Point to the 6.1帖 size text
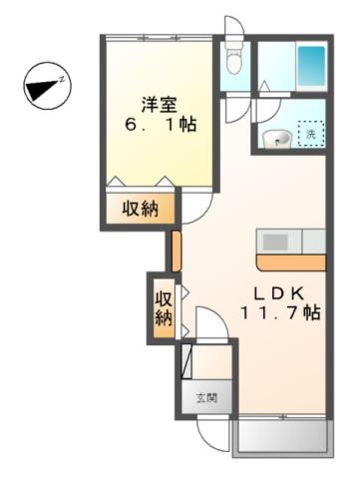(158, 127)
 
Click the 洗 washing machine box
(312, 134)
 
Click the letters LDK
(274, 293)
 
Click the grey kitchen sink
(276, 241)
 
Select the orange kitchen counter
(290, 262)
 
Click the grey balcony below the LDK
(281, 437)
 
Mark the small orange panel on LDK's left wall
(175, 250)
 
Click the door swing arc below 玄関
(212, 429)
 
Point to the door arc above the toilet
(231, 27)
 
